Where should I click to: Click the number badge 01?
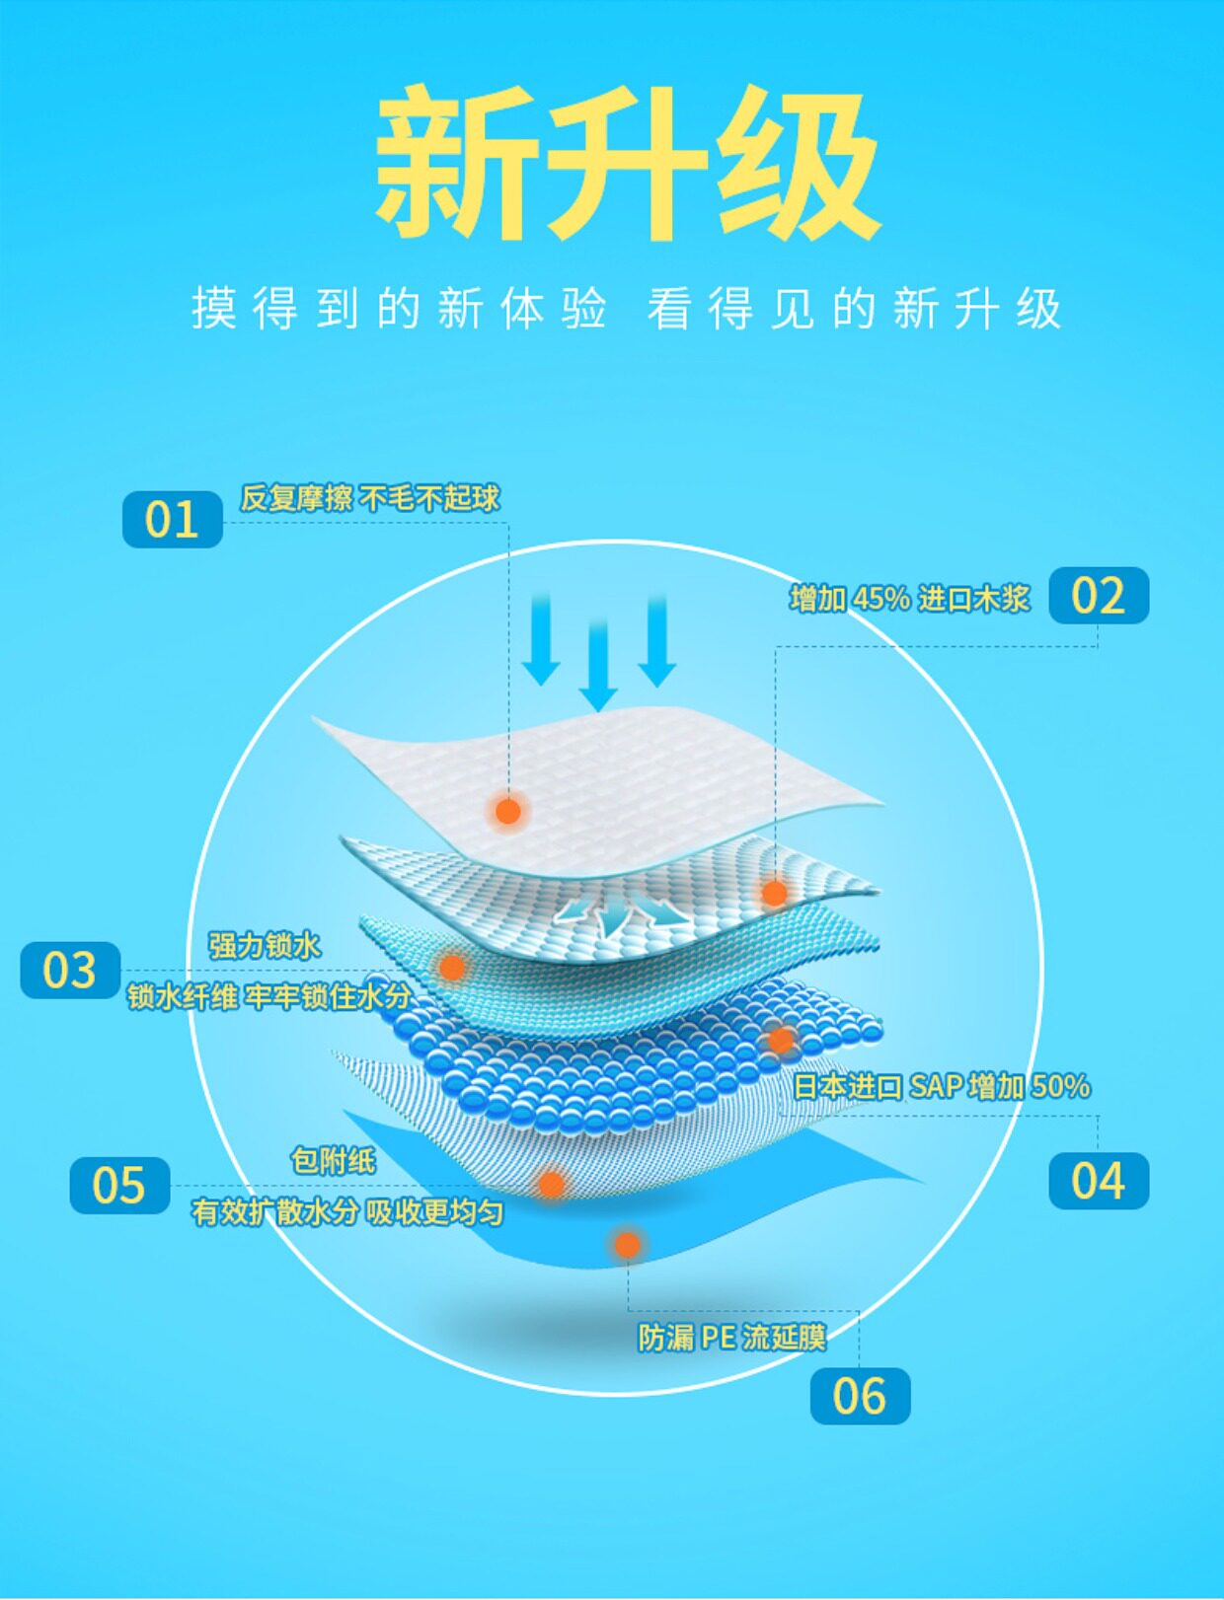(x=172, y=519)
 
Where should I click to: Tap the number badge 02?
(x=1098, y=595)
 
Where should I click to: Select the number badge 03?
(x=70, y=970)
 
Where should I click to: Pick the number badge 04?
(x=1098, y=1181)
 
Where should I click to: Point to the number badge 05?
(x=119, y=1185)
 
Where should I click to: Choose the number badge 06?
(x=860, y=1396)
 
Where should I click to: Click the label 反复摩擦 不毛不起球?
(x=370, y=498)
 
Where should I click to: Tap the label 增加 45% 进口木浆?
(x=909, y=598)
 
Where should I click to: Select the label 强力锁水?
(x=265, y=945)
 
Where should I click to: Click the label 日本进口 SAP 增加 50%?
(x=942, y=1086)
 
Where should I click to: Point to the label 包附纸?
(x=334, y=1160)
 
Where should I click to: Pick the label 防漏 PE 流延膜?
(x=731, y=1338)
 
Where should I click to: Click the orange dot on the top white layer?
(x=508, y=811)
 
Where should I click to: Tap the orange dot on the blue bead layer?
(x=781, y=1040)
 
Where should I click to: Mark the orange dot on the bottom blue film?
(x=627, y=1245)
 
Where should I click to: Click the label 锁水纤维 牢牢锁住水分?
(x=268, y=996)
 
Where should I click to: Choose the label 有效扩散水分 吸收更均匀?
(x=347, y=1211)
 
